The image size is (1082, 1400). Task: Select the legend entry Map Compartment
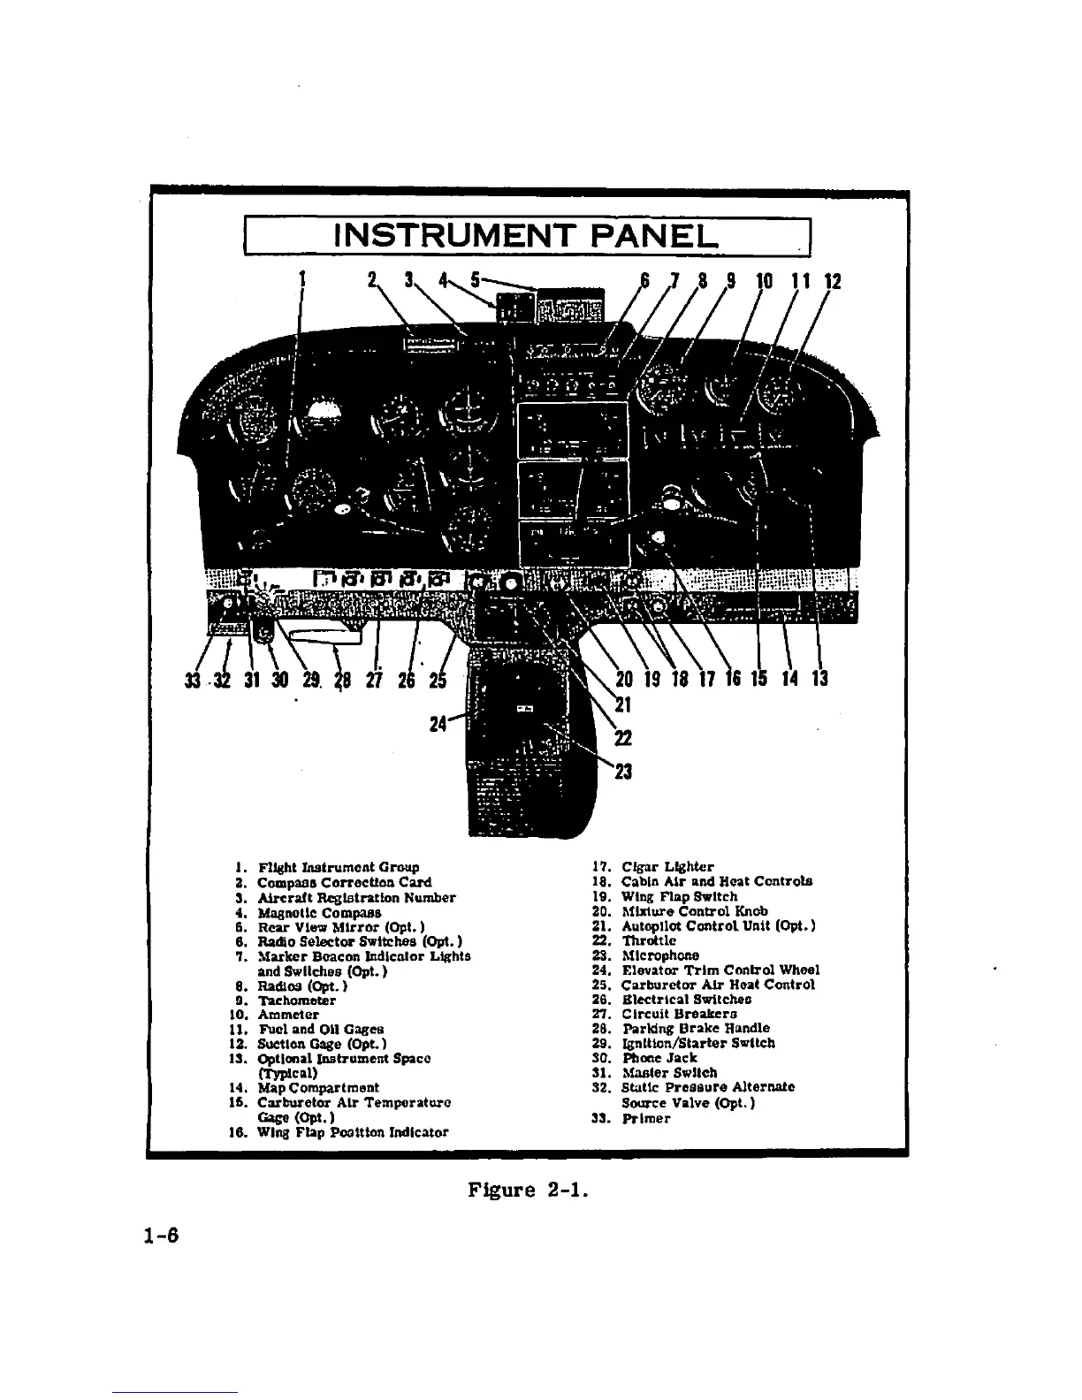[317, 1088]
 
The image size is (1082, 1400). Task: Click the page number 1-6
[160, 1236]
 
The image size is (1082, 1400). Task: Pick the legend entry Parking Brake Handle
[695, 1028]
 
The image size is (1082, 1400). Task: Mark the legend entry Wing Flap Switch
[679, 896]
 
